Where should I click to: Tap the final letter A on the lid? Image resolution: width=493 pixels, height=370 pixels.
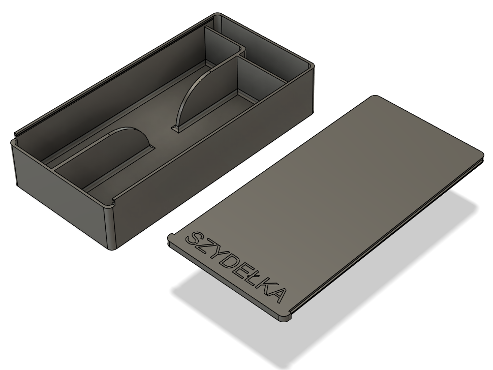point(276,295)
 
